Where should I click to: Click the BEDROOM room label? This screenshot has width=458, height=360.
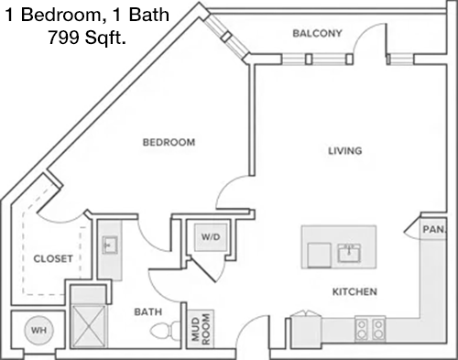pos(169,142)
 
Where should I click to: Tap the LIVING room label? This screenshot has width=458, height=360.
pos(345,150)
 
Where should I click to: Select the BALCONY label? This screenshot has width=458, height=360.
pos(317,33)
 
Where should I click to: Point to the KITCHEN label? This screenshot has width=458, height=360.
pos(354,292)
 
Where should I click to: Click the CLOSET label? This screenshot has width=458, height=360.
pos(53,259)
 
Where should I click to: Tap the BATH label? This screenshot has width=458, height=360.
pos(148,311)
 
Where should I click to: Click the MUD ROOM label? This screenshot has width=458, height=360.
pos(201,329)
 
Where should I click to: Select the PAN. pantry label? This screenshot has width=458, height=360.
pos(434,229)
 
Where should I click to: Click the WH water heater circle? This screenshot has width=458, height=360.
pos(38,330)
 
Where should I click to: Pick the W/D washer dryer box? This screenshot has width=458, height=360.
pos(211,237)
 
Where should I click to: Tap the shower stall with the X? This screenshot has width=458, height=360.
pos(88,326)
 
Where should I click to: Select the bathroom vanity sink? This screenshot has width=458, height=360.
pos(110,245)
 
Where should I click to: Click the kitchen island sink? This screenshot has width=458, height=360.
pos(349,253)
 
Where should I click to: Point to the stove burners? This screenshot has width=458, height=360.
pos(370,329)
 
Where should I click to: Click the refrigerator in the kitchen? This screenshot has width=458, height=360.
pos(306,331)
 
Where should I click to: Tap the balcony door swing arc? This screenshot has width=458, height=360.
pos(368,35)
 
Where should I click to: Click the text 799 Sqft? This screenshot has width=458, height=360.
pos(87,38)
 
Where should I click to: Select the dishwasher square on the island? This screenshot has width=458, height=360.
pos(320,255)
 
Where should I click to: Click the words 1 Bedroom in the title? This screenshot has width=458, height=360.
pos(53,15)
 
